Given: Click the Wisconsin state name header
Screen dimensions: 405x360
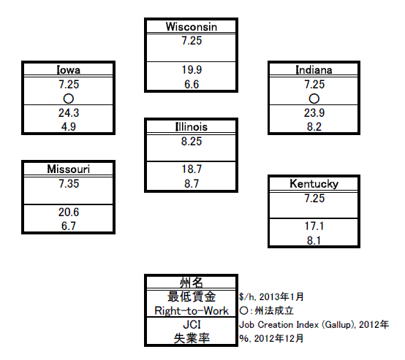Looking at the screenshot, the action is click(191, 27).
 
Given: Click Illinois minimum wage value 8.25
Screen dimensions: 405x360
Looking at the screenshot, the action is click(192, 142).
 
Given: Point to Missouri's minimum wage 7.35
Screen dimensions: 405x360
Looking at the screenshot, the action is click(69, 184).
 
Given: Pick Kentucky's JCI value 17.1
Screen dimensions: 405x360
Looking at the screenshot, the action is click(314, 226).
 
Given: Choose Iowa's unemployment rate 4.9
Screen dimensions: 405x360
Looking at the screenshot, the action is click(69, 127).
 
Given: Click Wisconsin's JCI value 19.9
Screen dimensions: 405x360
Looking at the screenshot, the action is click(192, 69).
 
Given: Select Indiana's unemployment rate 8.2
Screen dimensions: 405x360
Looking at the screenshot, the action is click(314, 127).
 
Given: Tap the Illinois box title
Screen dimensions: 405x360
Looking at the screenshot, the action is click(191, 127).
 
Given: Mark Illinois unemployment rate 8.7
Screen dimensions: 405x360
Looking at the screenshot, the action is click(192, 184).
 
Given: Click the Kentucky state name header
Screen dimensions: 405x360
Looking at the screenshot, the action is click(314, 184).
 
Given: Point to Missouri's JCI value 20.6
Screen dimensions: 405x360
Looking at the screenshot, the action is click(69, 212).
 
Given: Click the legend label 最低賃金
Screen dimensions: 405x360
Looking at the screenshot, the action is click(192, 296).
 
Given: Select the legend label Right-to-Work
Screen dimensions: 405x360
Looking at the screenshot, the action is click(192, 310).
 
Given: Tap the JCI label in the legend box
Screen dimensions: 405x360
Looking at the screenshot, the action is click(192, 325).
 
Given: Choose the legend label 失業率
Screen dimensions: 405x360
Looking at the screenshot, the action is click(192, 338).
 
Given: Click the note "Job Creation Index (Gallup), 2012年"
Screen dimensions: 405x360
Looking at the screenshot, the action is click(314, 325).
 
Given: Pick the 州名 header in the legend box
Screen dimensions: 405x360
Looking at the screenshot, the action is click(191, 283).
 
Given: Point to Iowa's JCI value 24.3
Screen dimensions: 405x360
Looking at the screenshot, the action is click(69, 112).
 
